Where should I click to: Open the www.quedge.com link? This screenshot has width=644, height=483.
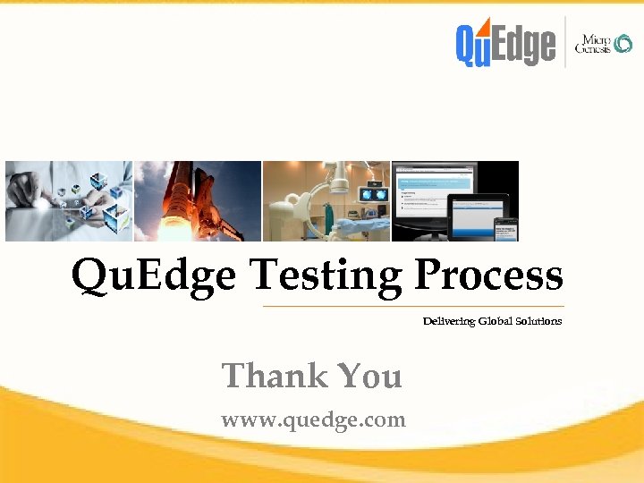coord(313,419)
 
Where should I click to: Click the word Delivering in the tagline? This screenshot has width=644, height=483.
coord(449,321)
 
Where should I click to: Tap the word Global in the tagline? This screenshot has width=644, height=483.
coord(496,321)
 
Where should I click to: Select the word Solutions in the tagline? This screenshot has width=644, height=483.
coord(539,321)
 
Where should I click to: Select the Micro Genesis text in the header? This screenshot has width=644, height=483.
coord(592,44)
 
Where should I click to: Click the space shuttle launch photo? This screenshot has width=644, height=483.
coord(198,201)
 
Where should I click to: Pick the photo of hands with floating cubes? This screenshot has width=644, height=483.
coord(69,201)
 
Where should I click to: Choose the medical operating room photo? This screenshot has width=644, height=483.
coord(326,201)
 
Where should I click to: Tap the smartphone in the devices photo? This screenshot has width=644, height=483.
coord(506,229)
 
